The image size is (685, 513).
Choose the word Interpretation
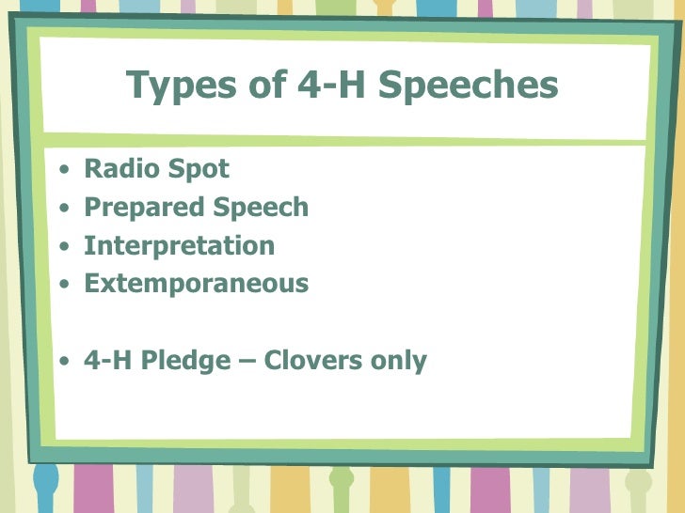pyautogui.click(x=179, y=246)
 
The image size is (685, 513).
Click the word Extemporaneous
pyautogui.click(x=196, y=283)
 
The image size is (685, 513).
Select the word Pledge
pyautogui.click(x=197, y=361)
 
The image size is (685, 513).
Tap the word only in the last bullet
pyautogui.click(x=399, y=361)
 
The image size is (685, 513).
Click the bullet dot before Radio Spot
pyautogui.click(x=62, y=171)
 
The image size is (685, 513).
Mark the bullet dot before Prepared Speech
pyautogui.click(x=62, y=209)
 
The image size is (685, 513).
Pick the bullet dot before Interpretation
pyautogui.click(x=62, y=247)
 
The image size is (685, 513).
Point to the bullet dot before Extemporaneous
pyautogui.click(x=62, y=285)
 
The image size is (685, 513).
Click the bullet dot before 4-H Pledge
pyautogui.click(x=62, y=362)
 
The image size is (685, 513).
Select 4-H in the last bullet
pyautogui.click(x=108, y=360)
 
